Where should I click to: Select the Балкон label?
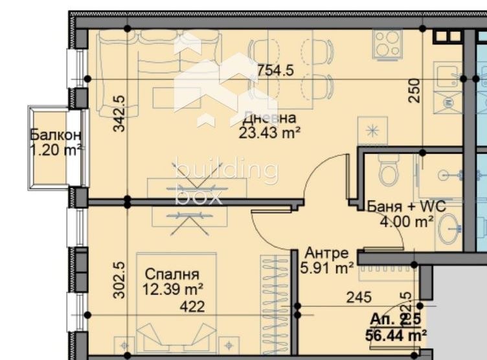56,135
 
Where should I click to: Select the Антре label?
327,253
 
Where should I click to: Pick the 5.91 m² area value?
327,267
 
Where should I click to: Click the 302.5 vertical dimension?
119,280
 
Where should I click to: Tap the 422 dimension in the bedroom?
192,306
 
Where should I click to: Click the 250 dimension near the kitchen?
414,90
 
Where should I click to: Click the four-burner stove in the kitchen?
387,43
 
